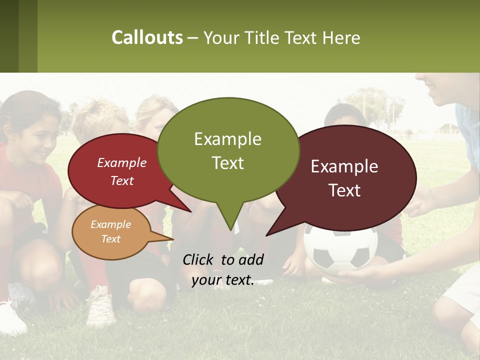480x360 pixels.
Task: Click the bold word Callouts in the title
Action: pos(147,37)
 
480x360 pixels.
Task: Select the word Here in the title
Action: pos(341,37)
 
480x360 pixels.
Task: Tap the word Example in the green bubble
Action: pos(227,139)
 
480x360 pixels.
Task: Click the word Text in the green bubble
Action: pos(227,162)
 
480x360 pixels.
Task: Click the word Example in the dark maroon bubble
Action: pos(344,166)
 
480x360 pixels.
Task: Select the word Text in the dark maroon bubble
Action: pos(344,190)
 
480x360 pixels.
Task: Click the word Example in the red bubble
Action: pos(121,162)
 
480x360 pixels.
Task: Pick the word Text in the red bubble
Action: pos(121,180)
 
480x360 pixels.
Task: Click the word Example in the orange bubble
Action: pos(110,224)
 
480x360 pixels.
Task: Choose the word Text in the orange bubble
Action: pos(110,239)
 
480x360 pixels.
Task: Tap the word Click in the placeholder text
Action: pos(199,259)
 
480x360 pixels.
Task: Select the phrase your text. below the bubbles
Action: pos(222,280)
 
